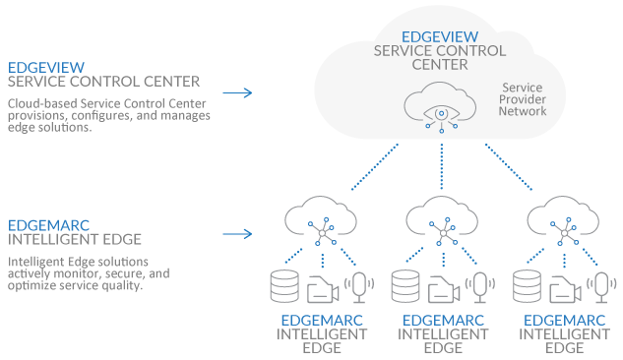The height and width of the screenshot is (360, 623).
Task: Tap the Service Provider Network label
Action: (x=524, y=99)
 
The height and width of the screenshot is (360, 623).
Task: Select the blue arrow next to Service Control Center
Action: (x=236, y=93)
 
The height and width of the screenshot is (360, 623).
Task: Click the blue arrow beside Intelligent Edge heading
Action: (x=236, y=235)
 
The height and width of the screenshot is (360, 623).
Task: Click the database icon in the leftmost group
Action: (x=284, y=286)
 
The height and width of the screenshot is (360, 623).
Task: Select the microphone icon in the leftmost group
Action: (x=361, y=286)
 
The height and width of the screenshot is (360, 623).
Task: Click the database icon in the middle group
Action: (x=405, y=286)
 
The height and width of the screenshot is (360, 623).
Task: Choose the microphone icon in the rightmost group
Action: (x=603, y=286)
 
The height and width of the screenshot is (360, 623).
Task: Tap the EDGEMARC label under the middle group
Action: (x=442, y=320)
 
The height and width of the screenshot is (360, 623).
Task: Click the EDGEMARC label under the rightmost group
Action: (x=564, y=320)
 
